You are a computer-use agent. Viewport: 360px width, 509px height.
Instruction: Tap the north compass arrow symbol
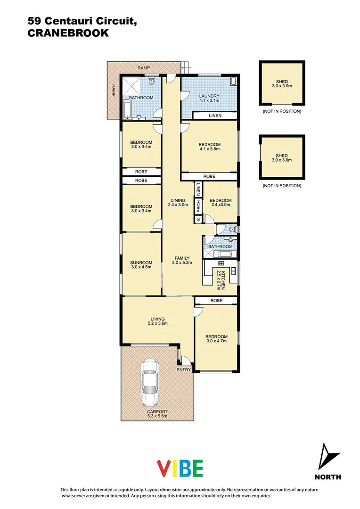(328, 457)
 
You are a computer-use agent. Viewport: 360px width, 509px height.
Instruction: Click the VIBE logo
(180, 468)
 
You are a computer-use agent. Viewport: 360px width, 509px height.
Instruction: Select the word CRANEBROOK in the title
(68, 33)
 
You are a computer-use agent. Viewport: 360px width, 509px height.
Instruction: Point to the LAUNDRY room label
(209, 96)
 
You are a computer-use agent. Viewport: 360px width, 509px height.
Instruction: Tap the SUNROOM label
(141, 263)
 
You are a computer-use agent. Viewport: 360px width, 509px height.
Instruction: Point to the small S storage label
(198, 219)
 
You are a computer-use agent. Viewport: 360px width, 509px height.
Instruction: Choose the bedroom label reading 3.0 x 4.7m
(216, 339)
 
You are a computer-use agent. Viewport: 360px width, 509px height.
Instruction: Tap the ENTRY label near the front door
(184, 370)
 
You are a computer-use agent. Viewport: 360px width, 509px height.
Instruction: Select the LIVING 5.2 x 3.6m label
(158, 321)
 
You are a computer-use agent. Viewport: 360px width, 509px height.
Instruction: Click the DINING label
(178, 202)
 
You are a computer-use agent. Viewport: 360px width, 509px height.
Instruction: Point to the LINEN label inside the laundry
(215, 116)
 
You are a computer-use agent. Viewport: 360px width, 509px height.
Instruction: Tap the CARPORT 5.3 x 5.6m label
(157, 414)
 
